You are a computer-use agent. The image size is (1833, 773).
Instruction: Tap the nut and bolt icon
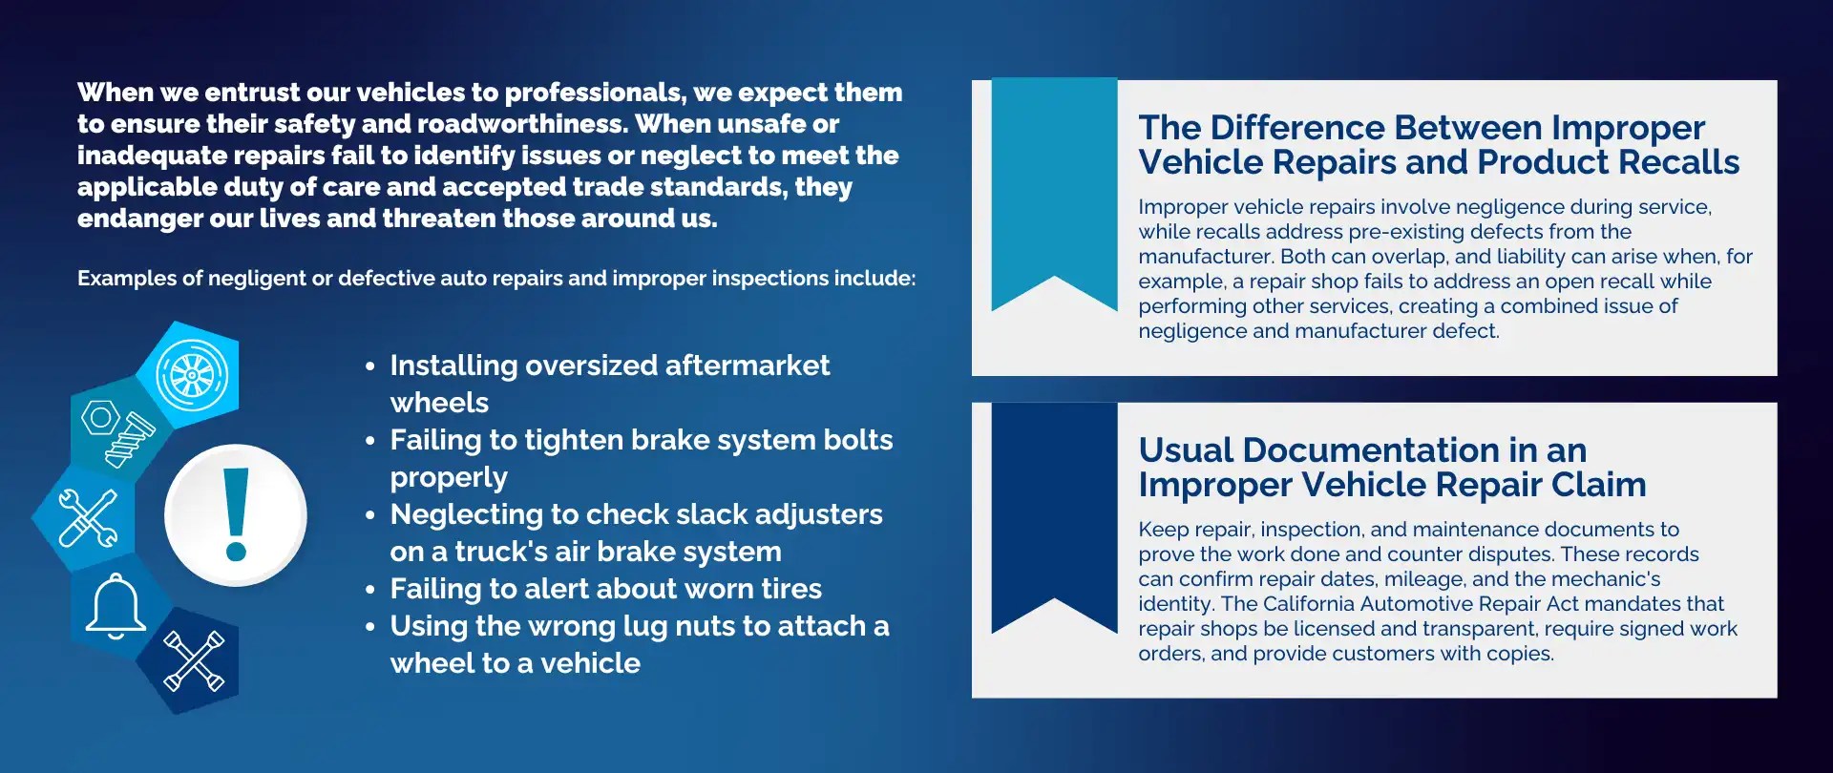tap(116, 433)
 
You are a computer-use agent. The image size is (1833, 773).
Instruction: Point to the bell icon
tap(116, 606)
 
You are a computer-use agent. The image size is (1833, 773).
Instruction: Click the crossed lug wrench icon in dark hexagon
tap(194, 660)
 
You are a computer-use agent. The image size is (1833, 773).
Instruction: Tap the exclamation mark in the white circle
tap(236, 514)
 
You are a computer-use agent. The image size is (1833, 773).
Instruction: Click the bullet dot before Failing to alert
tap(370, 591)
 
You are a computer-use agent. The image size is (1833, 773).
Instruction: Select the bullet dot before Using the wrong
tap(370, 628)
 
